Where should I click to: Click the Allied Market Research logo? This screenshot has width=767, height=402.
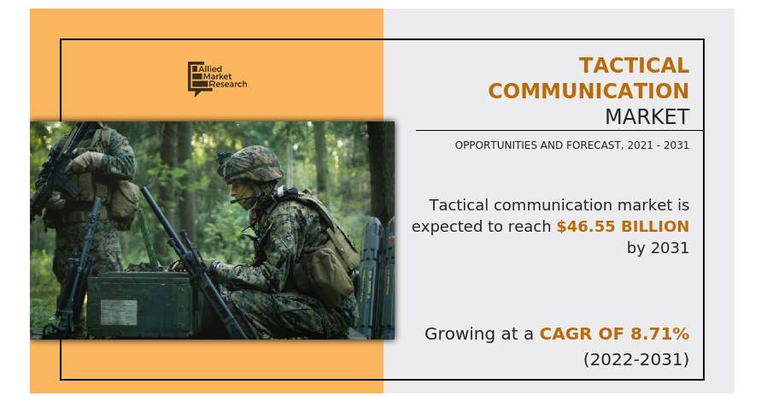click(217, 79)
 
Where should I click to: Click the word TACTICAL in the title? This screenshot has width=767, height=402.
click(634, 66)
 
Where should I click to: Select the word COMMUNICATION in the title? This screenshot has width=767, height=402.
click(588, 91)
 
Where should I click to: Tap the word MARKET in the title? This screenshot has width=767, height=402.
click(647, 117)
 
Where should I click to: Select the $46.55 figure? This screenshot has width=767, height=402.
click(586, 226)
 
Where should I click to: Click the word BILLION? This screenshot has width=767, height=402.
click(655, 227)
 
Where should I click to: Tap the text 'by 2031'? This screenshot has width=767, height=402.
click(658, 248)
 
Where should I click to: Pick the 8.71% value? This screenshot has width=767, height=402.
click(660, 334)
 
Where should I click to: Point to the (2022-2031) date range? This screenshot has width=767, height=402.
click(636, 359)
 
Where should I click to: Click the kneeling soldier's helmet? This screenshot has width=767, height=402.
click(251, 164)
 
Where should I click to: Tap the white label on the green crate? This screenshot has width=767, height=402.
click(119, 312)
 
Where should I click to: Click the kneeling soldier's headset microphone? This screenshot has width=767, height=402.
click(241, 200)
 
